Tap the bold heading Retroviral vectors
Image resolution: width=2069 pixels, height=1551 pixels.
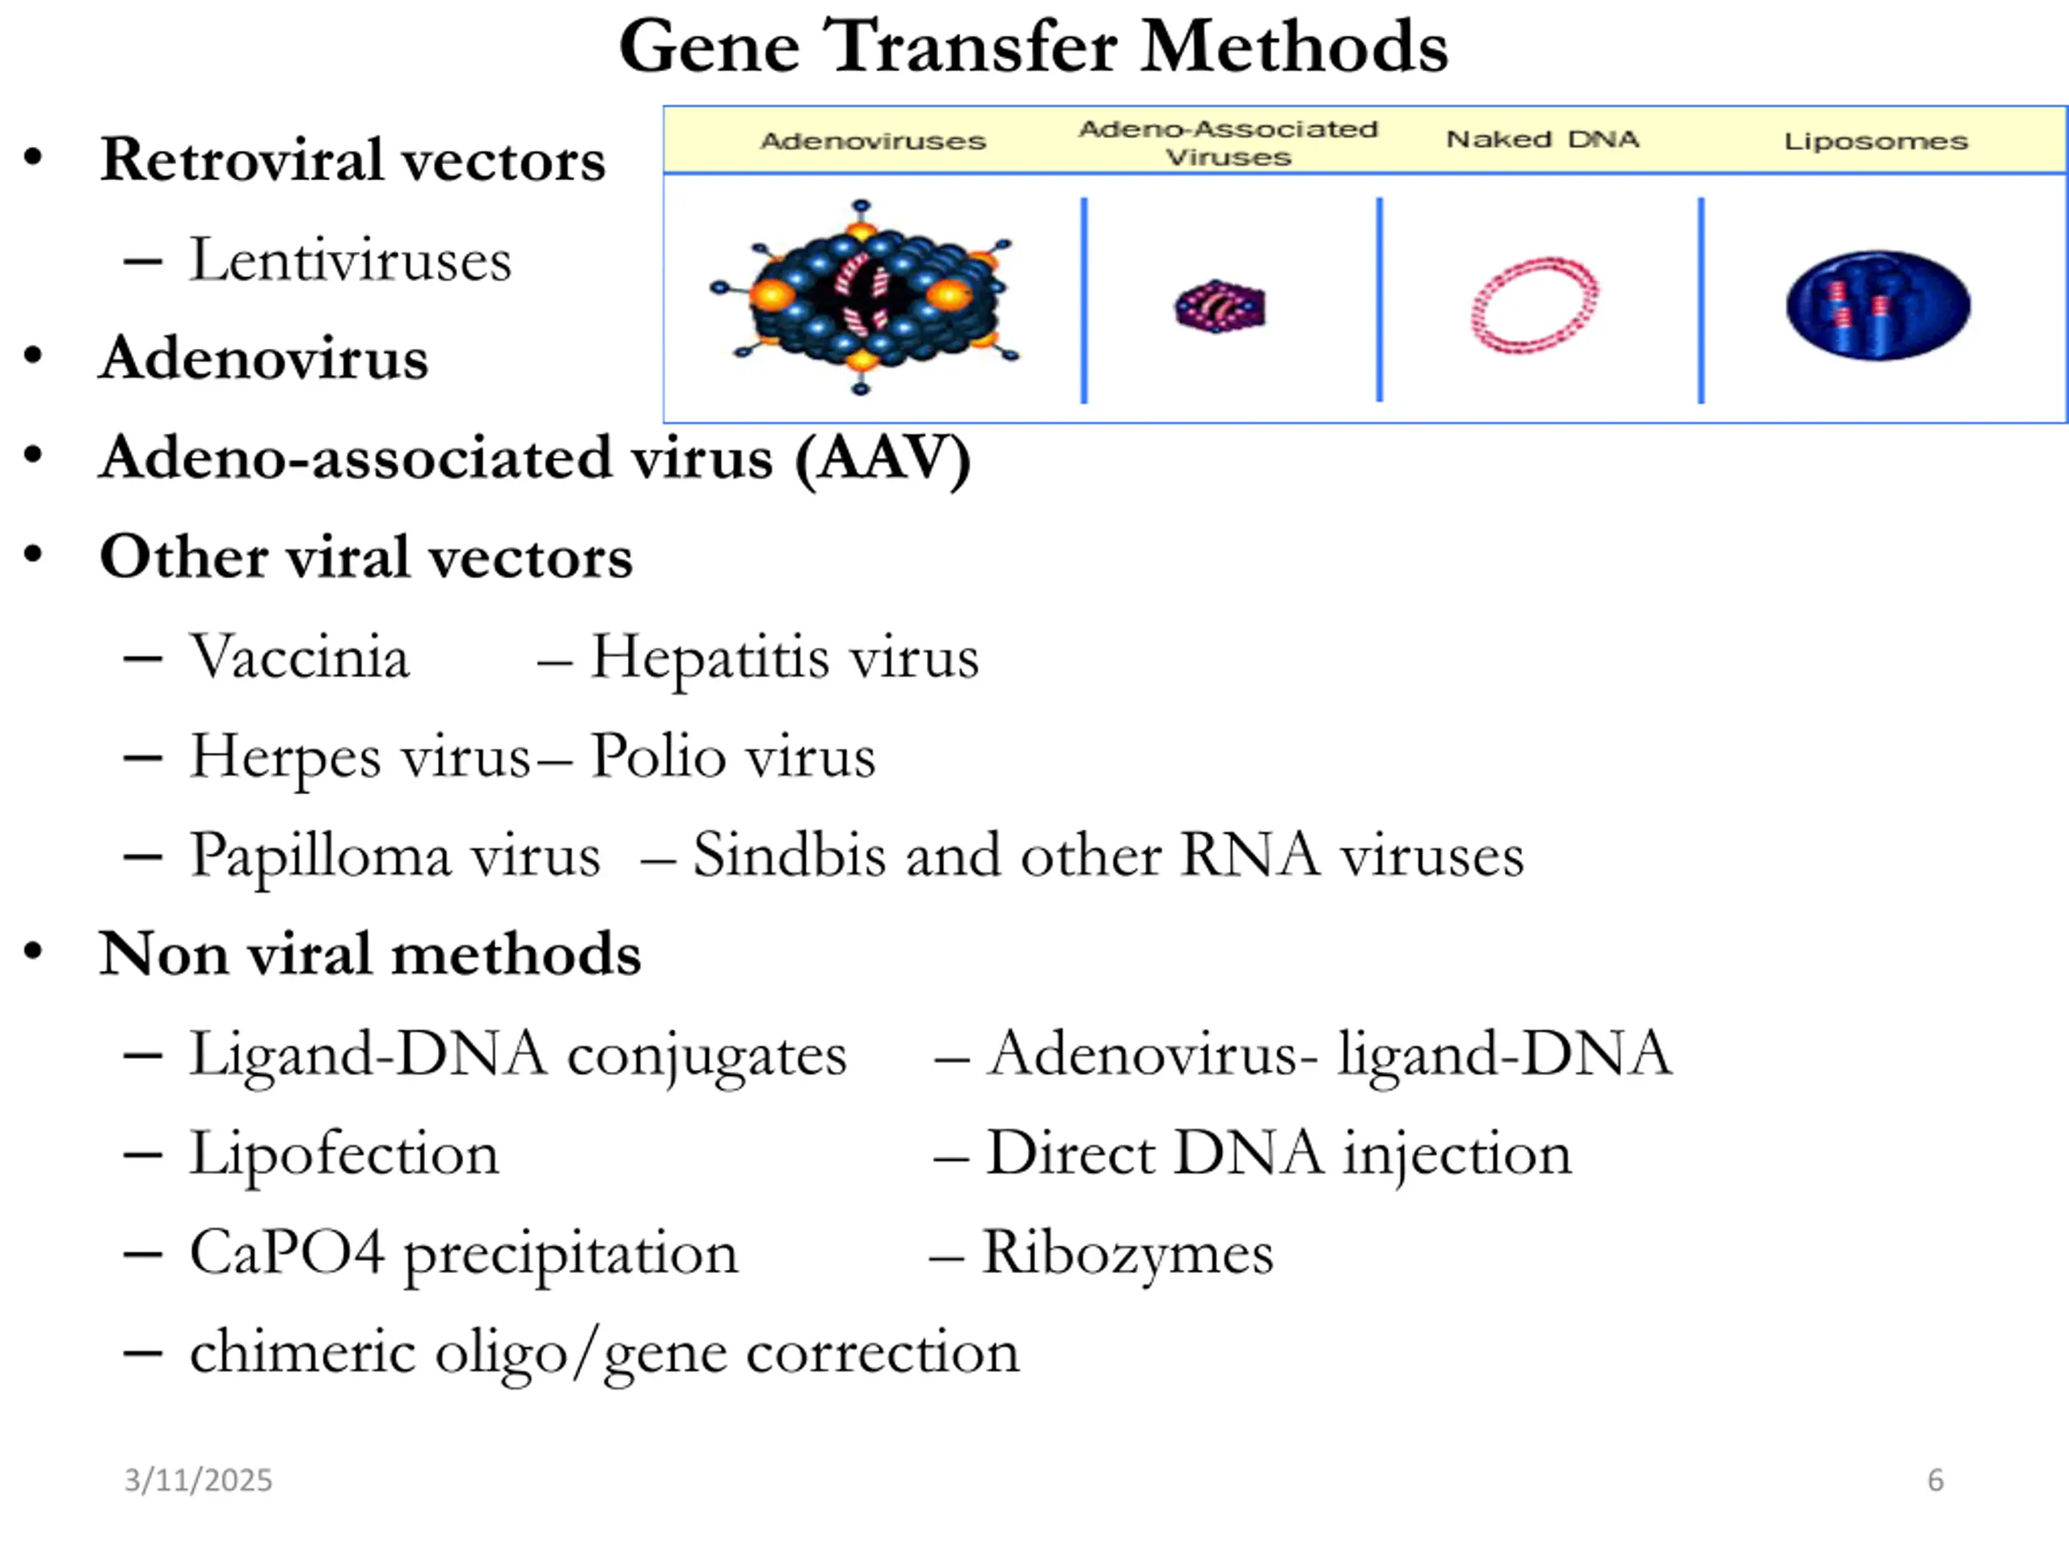pyautogui.click(x=352, y=159)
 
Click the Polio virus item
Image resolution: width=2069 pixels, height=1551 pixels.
pyautogui.click(x=732, y=755)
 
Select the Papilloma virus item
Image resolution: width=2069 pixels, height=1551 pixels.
pyautogui.click(x=394, y=855)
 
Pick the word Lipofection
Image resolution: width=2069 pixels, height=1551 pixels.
pyautogui.click(x=343, y=1153)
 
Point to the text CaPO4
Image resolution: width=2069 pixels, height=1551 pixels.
pyautogui.click(x=286, y=1252)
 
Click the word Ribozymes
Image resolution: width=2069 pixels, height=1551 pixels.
pyautogui.click(x=1127, y=1252)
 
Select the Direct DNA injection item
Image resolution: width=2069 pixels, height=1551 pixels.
pyautogui.click(x=1278, y=1153)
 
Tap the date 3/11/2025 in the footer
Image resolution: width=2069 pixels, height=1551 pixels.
pyautogui.click(x=197, y=1480)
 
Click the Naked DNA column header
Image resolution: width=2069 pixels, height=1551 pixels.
pyautogui.click(x=1541, y=139)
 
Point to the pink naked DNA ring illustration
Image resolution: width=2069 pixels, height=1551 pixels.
pyautogui.click(x=1534, y=305)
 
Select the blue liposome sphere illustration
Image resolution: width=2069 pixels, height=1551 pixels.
pyautogui.click(x=1877, y=305)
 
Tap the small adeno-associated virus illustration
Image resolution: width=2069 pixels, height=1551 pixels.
pyautogui.click(x=1220, y=305)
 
